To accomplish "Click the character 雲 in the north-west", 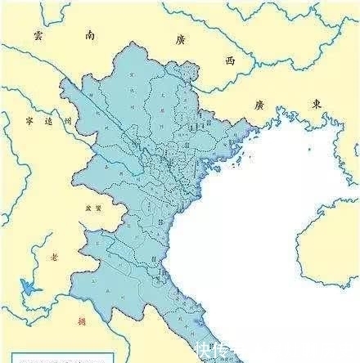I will (38, 35).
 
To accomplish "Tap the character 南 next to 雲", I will (90, 34).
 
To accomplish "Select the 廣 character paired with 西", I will (181, 39).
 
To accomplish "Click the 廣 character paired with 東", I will (260, 106).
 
